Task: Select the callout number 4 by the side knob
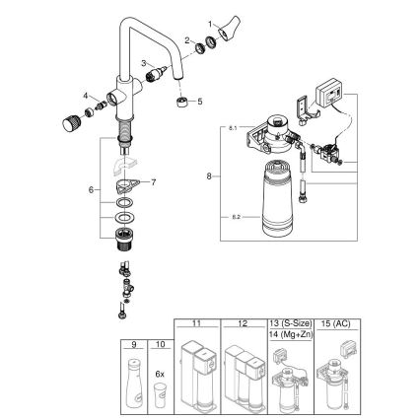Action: tap(86, 96)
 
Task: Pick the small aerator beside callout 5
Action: tap(180, 102)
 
